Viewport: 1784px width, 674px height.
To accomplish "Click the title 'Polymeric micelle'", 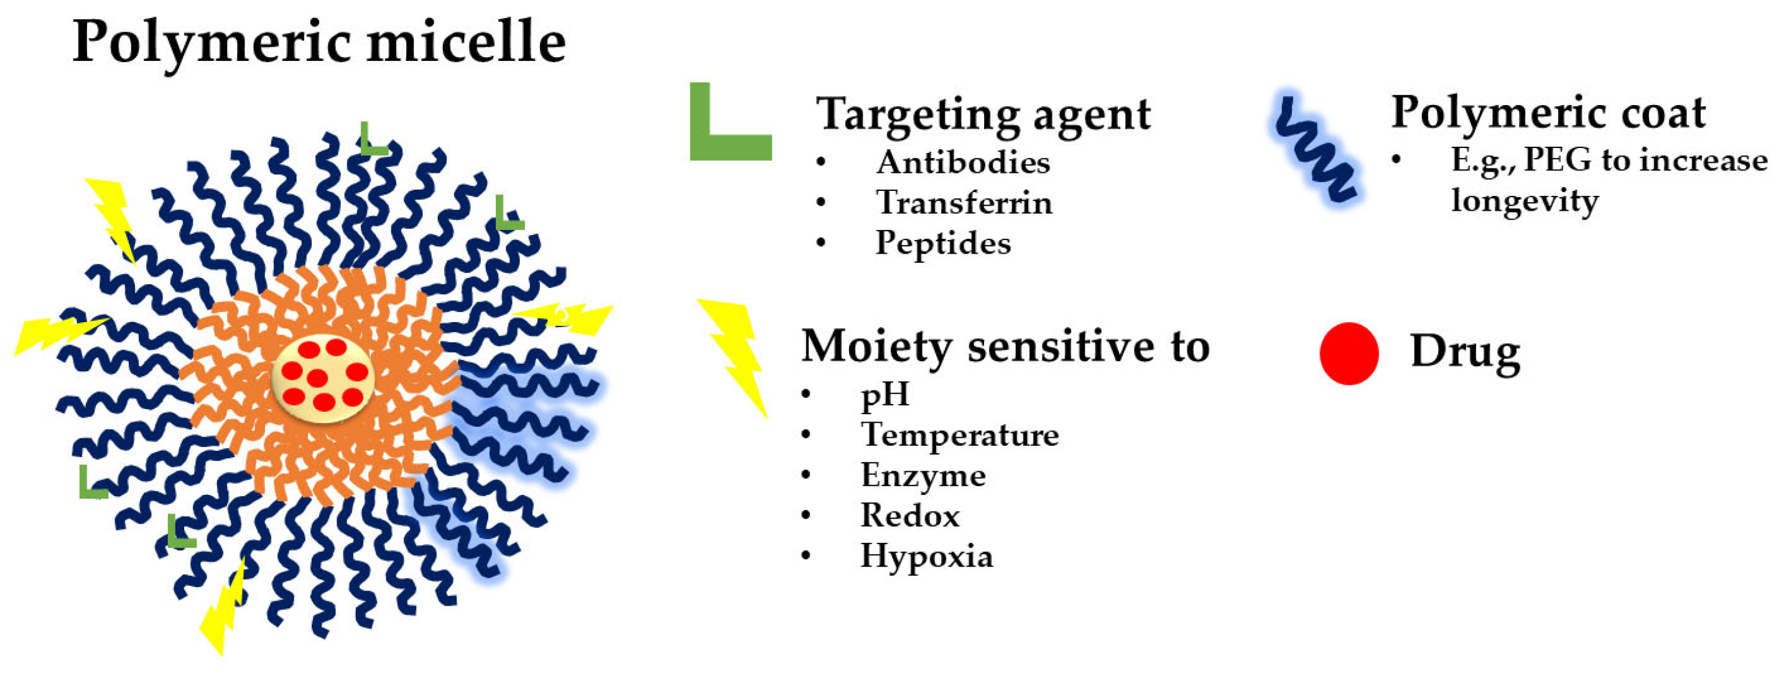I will pos(318,42).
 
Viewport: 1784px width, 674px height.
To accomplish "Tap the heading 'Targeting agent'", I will pos(983,114).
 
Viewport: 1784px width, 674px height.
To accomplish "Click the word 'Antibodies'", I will pos(963,163).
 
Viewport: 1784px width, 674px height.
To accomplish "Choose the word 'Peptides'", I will pos(943,244).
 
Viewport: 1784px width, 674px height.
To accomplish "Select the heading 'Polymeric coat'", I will pos(1548,112).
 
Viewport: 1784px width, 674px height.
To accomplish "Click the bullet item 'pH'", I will pos(885,395).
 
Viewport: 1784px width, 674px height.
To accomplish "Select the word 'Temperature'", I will pos(960,435).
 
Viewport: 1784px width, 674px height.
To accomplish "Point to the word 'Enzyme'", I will pos(923,476).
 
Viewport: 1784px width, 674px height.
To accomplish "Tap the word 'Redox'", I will pos(910,515).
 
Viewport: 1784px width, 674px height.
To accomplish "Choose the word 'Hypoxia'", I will pos(927,556).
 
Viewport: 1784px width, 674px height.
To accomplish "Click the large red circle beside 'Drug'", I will pos(1349,353).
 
